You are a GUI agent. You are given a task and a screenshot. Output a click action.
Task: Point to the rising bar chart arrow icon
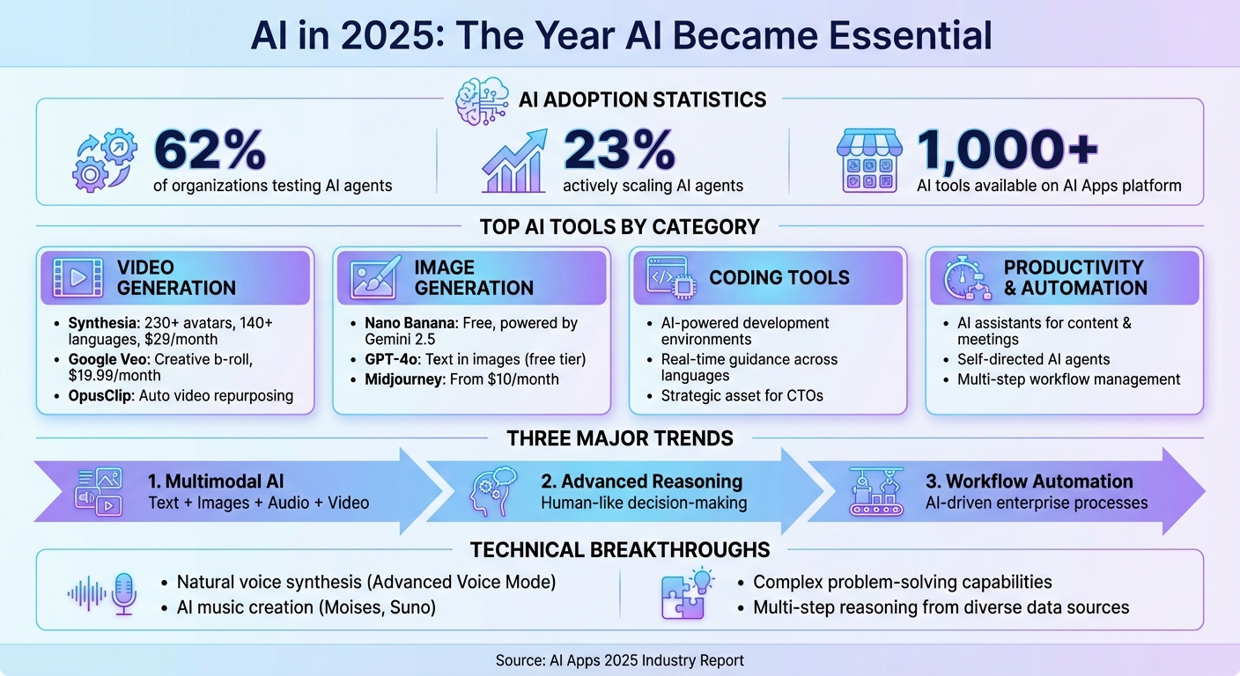pos(513,160)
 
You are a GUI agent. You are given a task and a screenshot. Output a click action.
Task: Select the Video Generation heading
pos(176,277)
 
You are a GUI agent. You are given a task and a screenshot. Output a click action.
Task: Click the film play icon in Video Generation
pos(77,277)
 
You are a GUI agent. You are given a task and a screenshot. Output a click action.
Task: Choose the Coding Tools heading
pos(779,277)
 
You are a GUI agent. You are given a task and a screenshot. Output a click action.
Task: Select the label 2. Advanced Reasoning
pos(641,481)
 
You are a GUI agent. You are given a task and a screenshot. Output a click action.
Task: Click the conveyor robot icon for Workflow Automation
pos(878,491)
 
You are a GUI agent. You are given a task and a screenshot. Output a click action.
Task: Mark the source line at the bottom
pos(620,660)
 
